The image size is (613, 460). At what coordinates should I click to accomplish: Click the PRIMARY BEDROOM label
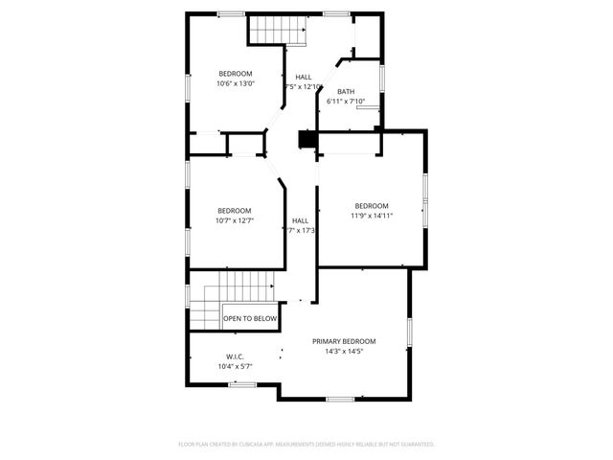pos(344,341)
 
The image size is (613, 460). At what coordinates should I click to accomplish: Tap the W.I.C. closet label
pos(235,356)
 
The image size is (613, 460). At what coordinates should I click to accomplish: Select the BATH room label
pos(345,92)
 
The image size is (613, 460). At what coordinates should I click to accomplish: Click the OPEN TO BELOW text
pos(250,318)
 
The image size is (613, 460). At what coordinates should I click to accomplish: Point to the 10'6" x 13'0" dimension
pos(235,83)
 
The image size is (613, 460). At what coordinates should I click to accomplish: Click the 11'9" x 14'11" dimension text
pos(372,216)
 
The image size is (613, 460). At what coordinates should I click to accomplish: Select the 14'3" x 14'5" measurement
pos(344,351)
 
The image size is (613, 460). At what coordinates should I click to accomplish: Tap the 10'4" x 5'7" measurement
pos(235,366)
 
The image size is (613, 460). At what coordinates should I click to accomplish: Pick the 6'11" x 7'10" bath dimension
pos(345,101)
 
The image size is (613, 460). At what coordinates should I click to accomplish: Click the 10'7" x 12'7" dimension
pos(234,220)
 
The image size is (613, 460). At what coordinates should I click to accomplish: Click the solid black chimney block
pos(306,140)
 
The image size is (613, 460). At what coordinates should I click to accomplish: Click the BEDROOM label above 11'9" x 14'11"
pos(372,206)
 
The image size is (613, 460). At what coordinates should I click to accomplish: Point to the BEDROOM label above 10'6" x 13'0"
pos(235,74)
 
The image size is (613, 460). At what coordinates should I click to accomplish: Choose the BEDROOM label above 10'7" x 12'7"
pos(234,211)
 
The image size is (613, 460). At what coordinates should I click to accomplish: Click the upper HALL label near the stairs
pos(304,78)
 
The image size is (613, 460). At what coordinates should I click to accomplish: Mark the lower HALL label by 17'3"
pos(301,220)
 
